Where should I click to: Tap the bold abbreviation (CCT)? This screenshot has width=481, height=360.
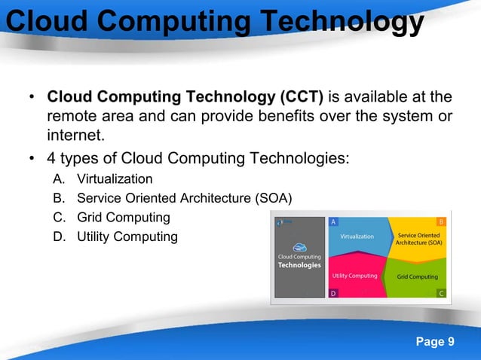point(302,97)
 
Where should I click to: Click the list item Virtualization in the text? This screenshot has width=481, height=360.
point(114,179)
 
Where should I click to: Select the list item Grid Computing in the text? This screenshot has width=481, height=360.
point(123,218)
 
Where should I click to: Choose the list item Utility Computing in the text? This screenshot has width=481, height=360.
point(127,237)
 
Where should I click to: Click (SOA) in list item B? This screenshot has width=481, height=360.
point(274,198)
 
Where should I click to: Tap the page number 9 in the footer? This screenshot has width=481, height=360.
point(450,342)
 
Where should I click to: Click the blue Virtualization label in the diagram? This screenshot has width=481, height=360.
point(357,236)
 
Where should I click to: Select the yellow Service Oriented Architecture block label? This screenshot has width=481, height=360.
point(419,239)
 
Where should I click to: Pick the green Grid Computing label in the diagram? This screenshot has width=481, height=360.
point(417,276)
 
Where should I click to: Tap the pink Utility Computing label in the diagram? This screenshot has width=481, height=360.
point(355,276)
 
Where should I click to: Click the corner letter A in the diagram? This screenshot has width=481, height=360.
point(334,222)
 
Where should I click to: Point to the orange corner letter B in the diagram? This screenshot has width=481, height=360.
point(441,222)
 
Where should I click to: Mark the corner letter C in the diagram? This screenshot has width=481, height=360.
point(441,293)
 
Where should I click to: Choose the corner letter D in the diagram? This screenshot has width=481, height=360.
point(334,293)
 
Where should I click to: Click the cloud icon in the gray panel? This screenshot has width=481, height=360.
point(299,246)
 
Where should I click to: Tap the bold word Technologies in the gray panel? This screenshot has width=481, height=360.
point(299,265)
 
